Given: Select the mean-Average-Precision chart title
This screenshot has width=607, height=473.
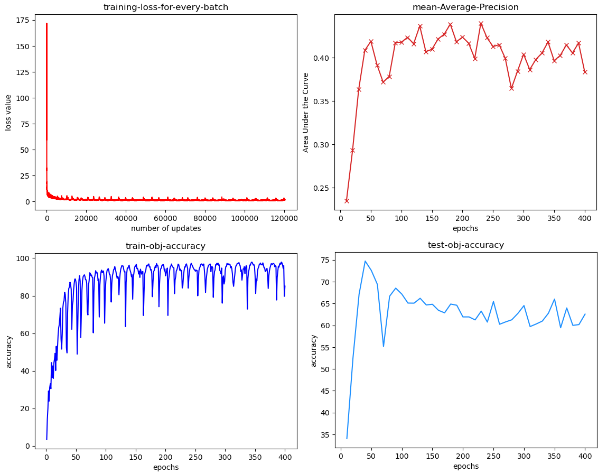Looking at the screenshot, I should point(465,7).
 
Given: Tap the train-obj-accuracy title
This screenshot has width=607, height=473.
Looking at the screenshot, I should point(165,246).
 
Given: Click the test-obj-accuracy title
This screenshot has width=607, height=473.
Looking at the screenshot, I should point(465,245).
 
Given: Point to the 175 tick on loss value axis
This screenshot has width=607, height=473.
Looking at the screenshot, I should point(22,21).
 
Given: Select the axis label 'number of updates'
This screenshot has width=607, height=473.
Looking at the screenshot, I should point(166,228).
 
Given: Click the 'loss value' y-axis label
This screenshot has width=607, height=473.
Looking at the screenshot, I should point(8,112).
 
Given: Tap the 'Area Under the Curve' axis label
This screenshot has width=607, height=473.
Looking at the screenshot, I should point(306,113).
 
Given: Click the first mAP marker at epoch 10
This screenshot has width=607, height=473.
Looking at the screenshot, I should point(347,201).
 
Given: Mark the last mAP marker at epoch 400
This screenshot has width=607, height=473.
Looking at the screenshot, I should point(585,72).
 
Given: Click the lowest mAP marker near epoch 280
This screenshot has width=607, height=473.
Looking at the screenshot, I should point(511,88).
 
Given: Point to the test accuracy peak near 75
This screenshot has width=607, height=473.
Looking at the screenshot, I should point(365,261).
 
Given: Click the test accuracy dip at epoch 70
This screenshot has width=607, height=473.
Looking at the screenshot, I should point(384,346).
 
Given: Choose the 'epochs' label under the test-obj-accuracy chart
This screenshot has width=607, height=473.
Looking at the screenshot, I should point(465,466).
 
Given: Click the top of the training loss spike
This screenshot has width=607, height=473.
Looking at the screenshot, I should point(46,24).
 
